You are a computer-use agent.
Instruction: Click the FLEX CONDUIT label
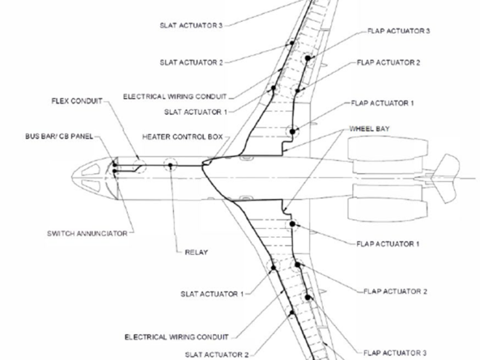point(76,100)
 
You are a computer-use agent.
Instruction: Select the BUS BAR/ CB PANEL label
point(58,137)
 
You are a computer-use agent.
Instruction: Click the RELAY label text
point(196,252)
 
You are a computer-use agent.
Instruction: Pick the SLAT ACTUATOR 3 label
point(191,25)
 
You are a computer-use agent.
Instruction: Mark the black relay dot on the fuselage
point(170,166)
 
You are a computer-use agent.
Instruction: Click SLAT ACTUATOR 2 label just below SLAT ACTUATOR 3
point(191,63)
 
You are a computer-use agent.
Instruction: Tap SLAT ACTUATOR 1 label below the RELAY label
point(211,295)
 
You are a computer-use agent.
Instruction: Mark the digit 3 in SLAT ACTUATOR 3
point(219,25)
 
